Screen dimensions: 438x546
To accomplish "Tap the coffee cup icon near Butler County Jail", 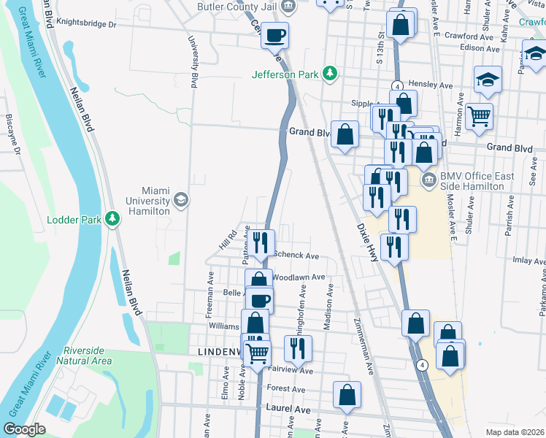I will pos(274,34).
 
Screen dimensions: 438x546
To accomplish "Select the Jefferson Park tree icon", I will pos(331,73).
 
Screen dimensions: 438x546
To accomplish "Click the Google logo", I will pos(24,429).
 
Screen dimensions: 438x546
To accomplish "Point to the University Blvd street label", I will pos(194,62).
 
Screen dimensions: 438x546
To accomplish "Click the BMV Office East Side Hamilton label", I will pos(477,181).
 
